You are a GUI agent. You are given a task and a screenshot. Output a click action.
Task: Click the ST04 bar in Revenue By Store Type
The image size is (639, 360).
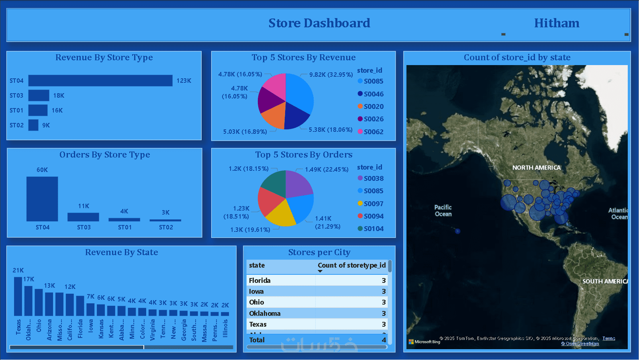(x=100, y=81)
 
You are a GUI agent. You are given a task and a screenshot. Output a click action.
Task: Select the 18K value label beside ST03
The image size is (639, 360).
(x=59, y=96)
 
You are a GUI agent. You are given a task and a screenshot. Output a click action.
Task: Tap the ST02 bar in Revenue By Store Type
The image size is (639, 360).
(x=33, y=125)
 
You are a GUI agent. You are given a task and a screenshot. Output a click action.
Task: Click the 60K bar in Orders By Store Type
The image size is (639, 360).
(x=42, y=199)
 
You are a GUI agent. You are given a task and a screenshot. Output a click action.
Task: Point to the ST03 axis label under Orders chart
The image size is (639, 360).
(x=84, y=227)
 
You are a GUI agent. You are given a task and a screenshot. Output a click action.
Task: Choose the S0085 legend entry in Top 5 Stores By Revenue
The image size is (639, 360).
(x=373, y=81)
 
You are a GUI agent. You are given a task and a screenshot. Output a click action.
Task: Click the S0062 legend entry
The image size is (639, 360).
(x=373, y=132)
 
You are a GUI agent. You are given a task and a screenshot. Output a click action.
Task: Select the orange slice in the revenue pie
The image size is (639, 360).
(x=273, y=115)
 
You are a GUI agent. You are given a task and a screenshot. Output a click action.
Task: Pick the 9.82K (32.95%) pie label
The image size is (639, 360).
(x=331, y=75)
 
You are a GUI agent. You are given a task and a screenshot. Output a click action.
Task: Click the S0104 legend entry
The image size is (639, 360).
(x=373, y=229)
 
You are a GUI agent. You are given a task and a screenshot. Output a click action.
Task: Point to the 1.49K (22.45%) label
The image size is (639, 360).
(x=327, y=170)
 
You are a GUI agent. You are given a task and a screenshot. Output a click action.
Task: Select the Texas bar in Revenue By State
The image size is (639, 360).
(x=18, y=296)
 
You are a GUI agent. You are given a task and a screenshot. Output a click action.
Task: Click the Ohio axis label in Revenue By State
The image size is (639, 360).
(x=39, y=325)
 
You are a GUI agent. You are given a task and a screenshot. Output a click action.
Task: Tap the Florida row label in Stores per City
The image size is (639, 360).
(x=259, y=280)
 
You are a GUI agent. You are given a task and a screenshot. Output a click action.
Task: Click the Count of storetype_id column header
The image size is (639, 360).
(x=351, y=265)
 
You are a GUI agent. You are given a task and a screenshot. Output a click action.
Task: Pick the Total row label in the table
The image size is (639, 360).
(x=257, y=340)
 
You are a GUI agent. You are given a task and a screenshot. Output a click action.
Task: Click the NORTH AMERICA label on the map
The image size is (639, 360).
(x=536, y=168)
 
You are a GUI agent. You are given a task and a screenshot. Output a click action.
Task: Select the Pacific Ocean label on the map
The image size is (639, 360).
(x=443, y=211)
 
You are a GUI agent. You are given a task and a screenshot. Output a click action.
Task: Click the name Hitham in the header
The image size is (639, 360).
(x=557, y=23)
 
